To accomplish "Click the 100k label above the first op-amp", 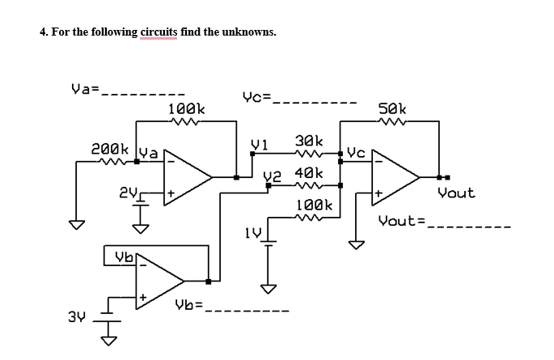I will click(186, 108).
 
